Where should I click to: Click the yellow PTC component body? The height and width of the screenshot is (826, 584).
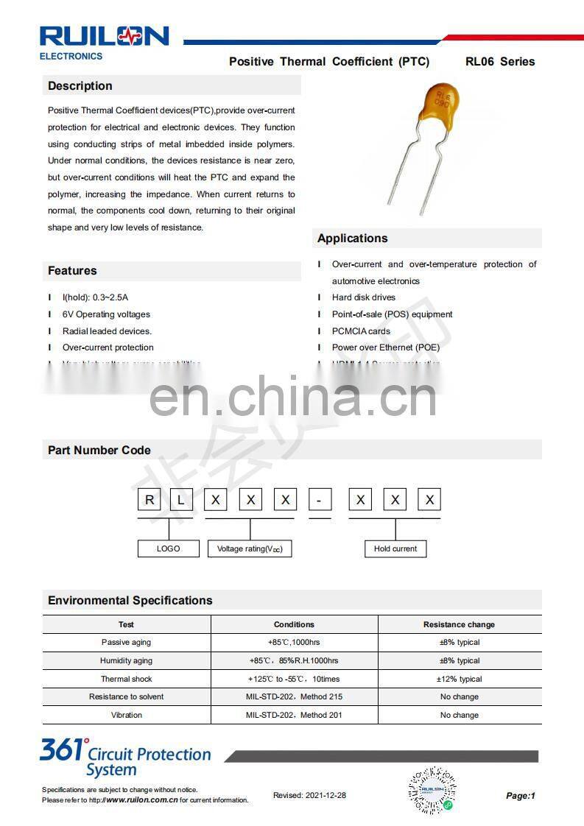coord(440,106)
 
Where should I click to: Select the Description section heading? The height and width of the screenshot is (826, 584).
coord(80,86)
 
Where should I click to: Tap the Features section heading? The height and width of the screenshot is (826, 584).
coord(72,271)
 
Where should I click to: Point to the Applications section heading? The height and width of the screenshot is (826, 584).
coord(352,239)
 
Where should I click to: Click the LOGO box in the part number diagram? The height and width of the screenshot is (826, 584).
coord(169,548)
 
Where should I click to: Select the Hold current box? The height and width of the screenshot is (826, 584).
coord(395,548)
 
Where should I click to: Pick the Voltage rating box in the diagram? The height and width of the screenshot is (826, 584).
coord(250,549)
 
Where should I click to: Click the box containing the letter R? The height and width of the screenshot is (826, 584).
coord(150,501)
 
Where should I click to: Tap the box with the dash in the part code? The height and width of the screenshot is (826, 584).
coord(320,501)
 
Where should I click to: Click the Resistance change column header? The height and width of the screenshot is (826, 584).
coord(459,624)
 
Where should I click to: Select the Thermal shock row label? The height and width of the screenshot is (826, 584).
coord(126,679)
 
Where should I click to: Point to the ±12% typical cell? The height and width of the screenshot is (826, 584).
coord(460,679)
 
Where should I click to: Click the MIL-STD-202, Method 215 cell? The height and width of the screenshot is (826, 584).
coord(294,696)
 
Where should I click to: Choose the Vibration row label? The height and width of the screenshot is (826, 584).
coord(127,715)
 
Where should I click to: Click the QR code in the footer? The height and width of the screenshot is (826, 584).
coord(432,790)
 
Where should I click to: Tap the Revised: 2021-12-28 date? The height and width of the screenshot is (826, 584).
coord(309,795)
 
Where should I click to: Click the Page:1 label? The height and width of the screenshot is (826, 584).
coord(521,795)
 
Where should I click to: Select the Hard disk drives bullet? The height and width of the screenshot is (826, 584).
coord(364,297)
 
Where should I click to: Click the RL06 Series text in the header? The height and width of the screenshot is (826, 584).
coord(500,62)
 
